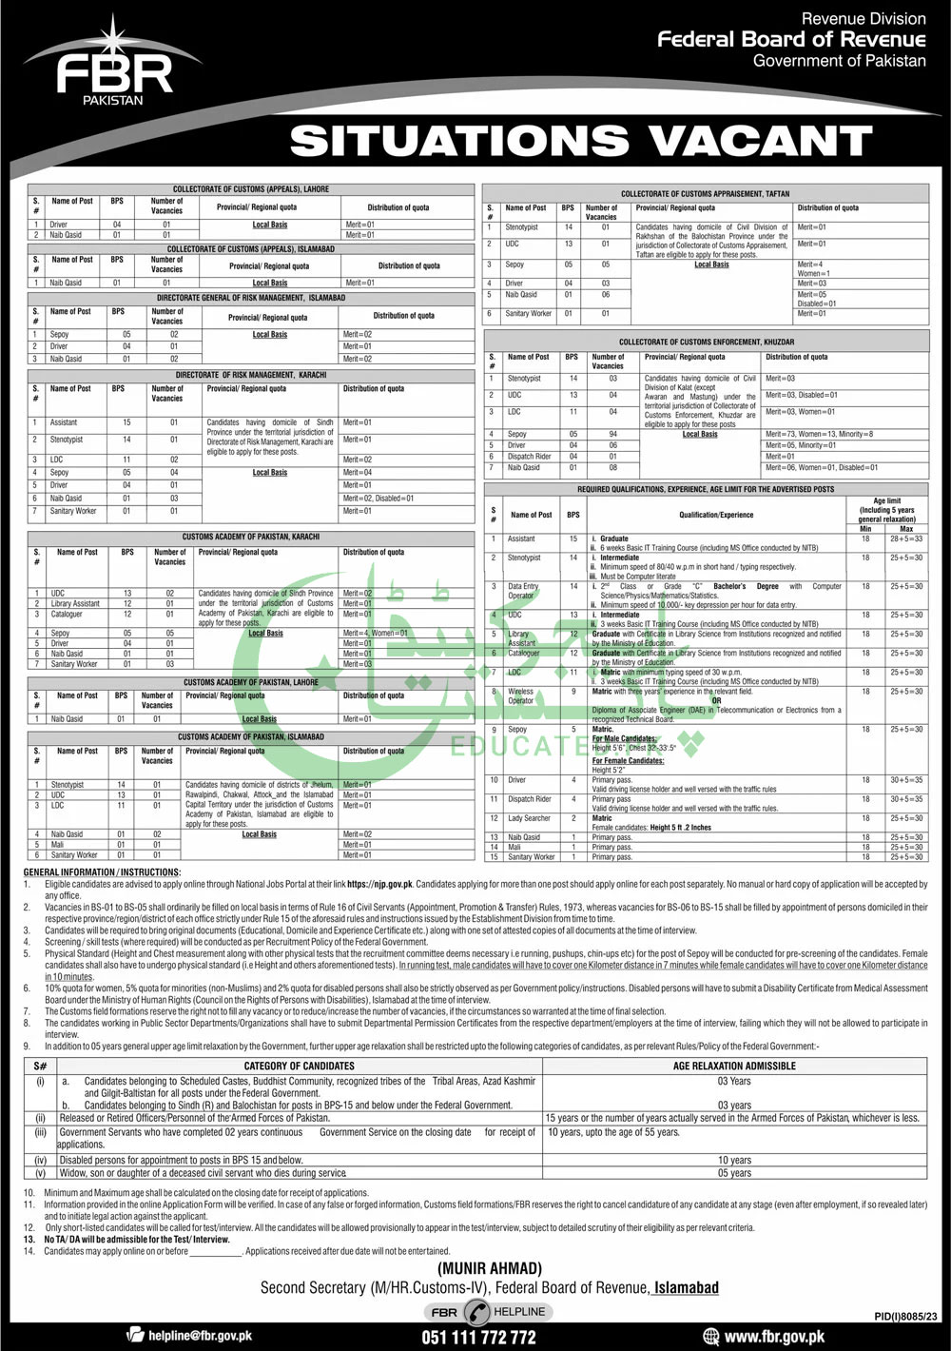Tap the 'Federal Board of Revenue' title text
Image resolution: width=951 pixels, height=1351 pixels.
pyautogui.click(x=791, y=39)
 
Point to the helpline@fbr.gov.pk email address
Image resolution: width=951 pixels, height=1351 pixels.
pyautogui.click(x=200, y=1336)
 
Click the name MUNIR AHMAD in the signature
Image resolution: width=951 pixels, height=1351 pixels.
pyautogui.click(x=490, y=1268)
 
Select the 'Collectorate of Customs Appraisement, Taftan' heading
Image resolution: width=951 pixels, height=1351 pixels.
pyautogui.click(x=705, y=193)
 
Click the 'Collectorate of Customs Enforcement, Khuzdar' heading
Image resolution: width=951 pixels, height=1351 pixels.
pyautogui.click(x=707, y=342)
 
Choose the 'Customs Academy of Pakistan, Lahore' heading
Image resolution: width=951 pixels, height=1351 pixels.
pyautogui.click(x=251, y=682)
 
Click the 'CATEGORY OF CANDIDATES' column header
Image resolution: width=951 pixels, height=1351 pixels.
pyautogui.click(x=299, y=1066)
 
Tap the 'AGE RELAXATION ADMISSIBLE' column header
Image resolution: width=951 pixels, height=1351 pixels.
pyautogui.click(x=734, y=1066)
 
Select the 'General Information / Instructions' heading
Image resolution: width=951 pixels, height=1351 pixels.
pyautogui.click(x=102, y=872)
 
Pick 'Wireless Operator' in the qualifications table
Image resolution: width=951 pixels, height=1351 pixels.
pyautogui.click(x=520, y=695)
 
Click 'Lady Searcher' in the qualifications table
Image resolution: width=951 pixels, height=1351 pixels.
pyautogui.click(x=529, y=818)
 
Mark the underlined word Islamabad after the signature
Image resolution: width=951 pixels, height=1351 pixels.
pyautogui.click(x=686, y=1287)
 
